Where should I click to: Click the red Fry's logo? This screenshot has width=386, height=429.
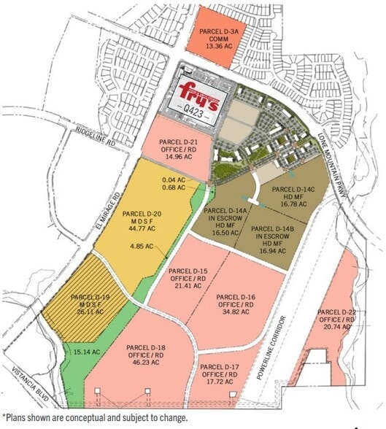(x=198, y=96)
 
